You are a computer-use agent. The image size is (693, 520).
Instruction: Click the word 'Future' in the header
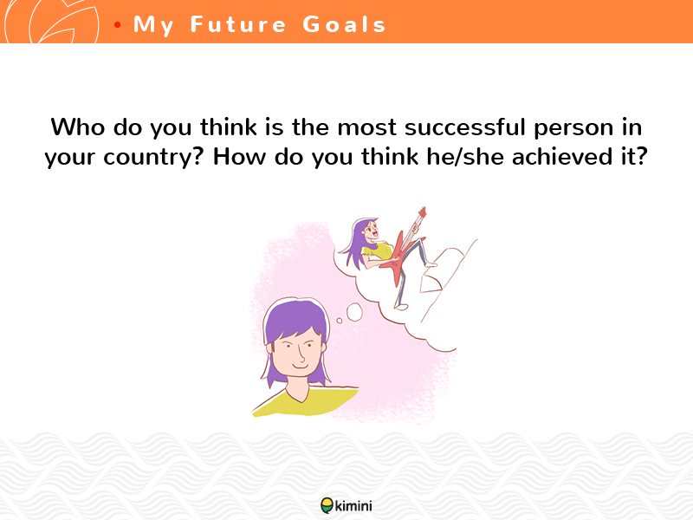tap(238, 24)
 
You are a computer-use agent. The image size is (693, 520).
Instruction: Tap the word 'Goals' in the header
tap(345, 24)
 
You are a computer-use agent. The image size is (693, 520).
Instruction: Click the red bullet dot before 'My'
tap(117, 25)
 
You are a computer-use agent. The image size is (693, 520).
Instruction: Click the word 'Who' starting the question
tap(78, 127)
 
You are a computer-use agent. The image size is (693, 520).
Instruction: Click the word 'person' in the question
tap(573, 128)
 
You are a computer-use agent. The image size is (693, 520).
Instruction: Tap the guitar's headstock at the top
tap(422, 212)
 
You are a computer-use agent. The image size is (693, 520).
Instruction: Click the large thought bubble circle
tap(354, 312)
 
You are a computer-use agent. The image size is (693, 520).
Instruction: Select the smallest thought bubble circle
tap(340, 321)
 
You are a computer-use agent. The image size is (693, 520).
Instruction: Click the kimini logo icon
tap(327, 505)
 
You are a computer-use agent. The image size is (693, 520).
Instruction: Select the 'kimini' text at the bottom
tap(353, 505)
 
